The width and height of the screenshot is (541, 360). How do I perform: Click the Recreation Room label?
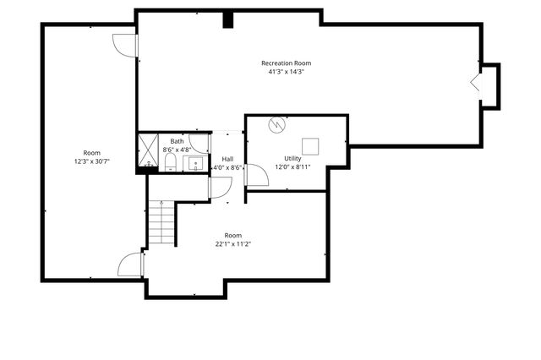point(286,63)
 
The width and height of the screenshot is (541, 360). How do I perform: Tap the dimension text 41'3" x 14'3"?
point(286,72)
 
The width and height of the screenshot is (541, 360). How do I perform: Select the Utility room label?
point(292,158)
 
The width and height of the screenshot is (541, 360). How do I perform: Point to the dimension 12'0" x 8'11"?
point(292,166)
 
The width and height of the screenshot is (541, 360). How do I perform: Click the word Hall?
point(227,159)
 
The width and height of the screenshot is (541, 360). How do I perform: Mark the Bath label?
point(177,141)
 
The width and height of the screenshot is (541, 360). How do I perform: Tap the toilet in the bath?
point(170,161)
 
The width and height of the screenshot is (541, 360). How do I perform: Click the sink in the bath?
point(194,163)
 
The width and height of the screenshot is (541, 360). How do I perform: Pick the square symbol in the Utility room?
point(310,146)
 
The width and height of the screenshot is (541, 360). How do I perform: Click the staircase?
point(161,224)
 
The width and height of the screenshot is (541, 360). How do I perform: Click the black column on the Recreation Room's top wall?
point(227,19)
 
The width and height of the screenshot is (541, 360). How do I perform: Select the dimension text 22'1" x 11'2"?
point(232,243)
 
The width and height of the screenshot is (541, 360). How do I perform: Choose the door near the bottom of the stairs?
point(131,264)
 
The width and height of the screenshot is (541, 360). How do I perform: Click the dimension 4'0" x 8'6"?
point(227,167)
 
